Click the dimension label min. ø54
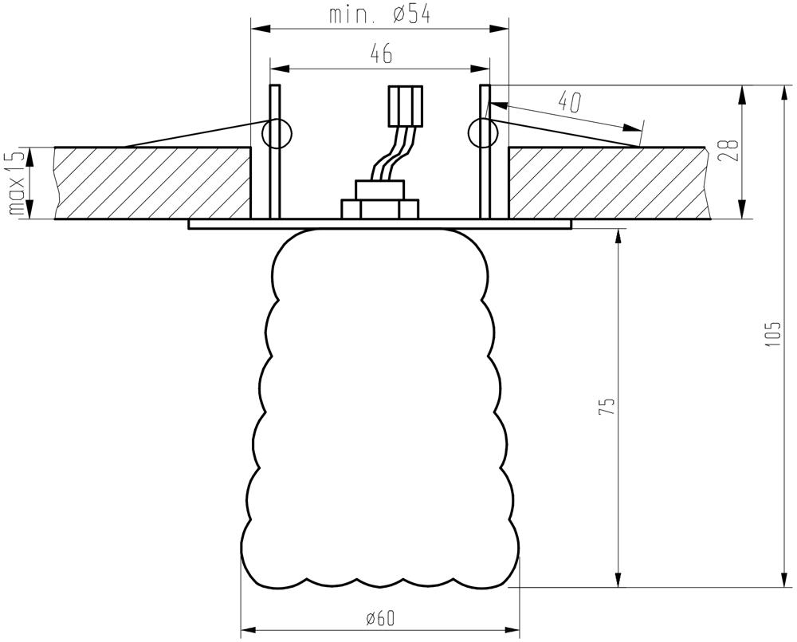click(379, 14)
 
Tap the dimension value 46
click(381, 53)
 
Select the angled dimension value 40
click(569, 102)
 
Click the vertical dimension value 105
click(773, 334)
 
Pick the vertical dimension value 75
click(607, 407)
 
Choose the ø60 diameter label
click(379, 618)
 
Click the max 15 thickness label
click(17, 183)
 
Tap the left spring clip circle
click(277, 133)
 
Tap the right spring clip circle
click(484, 133)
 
